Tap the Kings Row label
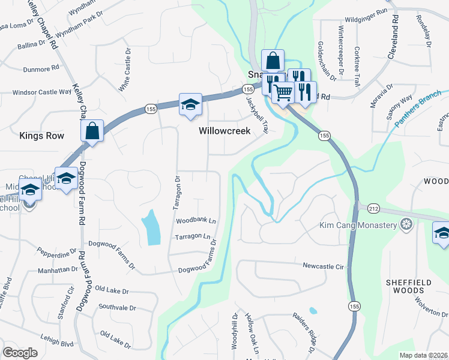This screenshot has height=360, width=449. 41,136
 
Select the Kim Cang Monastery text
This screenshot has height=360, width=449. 358,226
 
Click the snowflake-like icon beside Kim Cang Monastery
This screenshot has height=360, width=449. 407,226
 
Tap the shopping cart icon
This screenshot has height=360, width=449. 283,92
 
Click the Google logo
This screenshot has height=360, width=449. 20,353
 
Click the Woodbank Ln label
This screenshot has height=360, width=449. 195,221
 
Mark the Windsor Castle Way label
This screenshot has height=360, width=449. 42,92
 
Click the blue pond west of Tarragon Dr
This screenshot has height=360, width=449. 151,227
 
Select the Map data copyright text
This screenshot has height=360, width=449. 423,355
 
